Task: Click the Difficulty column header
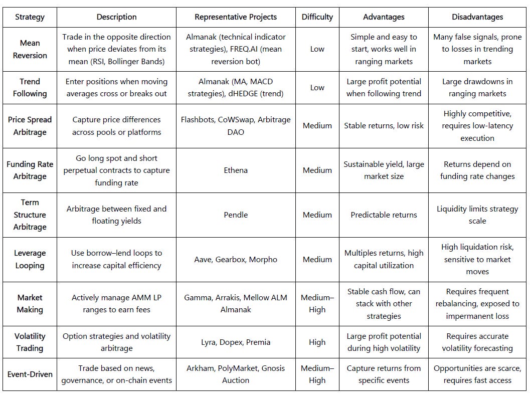(317, 17)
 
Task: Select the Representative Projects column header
(236, 17)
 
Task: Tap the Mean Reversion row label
(30, 49)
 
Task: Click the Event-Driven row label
(30, 374)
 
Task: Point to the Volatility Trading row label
(30, 342)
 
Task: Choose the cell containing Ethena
(236, 170)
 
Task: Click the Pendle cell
(236, 215)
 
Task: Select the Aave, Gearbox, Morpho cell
(236, 259)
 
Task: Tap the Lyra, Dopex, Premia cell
(236, 342)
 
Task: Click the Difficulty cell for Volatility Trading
(317, 342)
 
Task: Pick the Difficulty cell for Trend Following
(317, 88)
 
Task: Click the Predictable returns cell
(384, 215)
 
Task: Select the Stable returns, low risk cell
(384, 126)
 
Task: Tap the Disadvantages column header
(477, 17)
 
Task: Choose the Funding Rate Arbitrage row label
(30, 170)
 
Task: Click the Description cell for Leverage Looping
(116, 259)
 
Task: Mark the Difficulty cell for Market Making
(317, 304)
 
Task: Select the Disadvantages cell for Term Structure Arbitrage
(477, 215)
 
